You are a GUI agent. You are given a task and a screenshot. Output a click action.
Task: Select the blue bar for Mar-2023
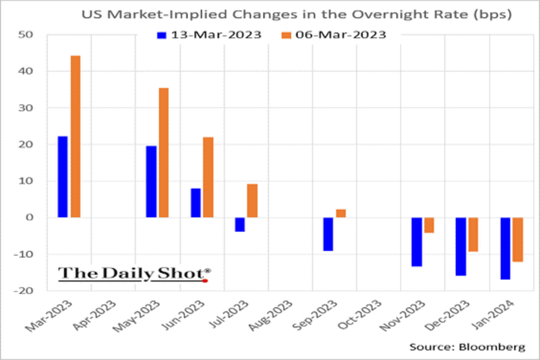tap(63, 177)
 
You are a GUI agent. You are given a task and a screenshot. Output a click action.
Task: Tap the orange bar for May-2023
tap(163, 153)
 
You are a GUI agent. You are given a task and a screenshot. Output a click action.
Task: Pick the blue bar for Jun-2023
tap(195, 202)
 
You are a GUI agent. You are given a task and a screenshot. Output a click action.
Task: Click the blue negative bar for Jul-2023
tap(239, 224)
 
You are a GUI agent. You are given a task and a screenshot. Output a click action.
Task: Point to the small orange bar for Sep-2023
tap(341, 213)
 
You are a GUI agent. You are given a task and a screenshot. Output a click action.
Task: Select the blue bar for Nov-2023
tap(417, 242)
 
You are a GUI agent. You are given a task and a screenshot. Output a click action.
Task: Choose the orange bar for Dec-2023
tap(473, 234)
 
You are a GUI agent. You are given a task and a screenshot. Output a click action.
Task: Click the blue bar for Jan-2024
tap(505, 248)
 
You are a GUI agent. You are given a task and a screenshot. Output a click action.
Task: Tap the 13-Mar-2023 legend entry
tap(209, 35)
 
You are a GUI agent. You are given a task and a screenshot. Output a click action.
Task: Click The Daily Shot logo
tap(134, 274)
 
